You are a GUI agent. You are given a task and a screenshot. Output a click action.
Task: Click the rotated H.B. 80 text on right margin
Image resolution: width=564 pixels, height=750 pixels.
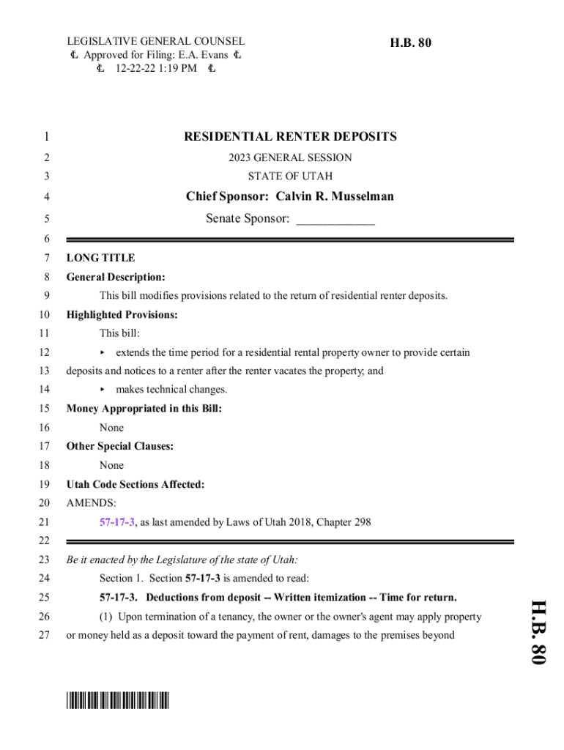538,631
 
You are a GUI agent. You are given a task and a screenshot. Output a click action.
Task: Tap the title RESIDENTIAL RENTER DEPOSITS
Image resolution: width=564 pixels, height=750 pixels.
290,136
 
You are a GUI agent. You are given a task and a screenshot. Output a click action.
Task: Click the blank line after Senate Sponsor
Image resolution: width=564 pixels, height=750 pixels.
335,219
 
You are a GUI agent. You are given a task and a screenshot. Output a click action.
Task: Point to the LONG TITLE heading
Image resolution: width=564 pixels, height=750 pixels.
100,258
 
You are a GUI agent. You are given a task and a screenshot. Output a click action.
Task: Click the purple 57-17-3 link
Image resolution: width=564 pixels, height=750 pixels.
117,522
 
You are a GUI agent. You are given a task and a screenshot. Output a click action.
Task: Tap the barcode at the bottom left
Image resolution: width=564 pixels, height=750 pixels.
117,701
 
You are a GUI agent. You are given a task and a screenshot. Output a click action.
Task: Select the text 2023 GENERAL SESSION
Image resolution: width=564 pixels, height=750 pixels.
290,157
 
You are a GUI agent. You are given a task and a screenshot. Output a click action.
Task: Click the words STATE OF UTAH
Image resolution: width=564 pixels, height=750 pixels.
290,177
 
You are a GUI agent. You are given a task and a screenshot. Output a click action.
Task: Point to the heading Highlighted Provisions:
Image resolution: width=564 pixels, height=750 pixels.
122,315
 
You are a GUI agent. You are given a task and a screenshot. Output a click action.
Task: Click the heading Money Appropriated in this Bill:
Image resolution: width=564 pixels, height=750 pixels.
144,409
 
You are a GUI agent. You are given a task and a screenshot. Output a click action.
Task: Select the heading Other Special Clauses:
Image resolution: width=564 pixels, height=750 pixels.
120,446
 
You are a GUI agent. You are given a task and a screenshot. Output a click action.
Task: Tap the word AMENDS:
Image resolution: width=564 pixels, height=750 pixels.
91,503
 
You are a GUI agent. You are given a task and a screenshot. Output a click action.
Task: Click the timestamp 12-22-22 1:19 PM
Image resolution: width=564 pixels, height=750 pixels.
156,69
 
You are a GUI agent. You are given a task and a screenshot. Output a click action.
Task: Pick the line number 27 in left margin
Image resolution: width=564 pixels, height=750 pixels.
44,635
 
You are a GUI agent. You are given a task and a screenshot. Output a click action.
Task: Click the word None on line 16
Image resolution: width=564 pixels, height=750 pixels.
111,428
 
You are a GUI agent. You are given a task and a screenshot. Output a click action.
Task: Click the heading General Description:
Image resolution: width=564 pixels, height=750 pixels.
116,277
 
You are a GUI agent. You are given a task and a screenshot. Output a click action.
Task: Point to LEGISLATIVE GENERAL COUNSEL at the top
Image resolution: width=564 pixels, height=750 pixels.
156,42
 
